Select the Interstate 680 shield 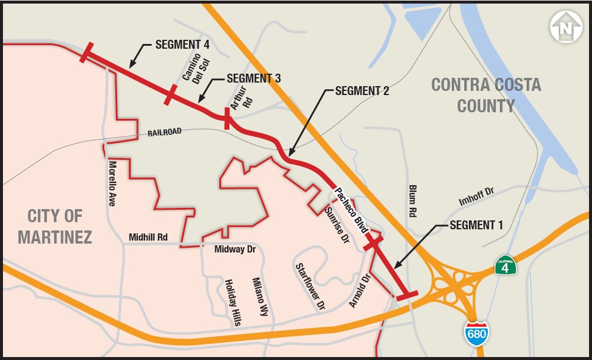[x=477, y=334]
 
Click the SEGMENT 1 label [x=476, y=225]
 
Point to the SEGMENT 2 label [x=362, y=91]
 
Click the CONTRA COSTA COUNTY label [x=486, y=95]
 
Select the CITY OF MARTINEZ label [x=55, y=226]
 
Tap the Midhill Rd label [x=148, y=238]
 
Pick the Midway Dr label [x=235, y=250]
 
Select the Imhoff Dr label [x=476, y=197]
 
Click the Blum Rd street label [x=412, y=201]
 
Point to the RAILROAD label [x=164, y=132]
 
